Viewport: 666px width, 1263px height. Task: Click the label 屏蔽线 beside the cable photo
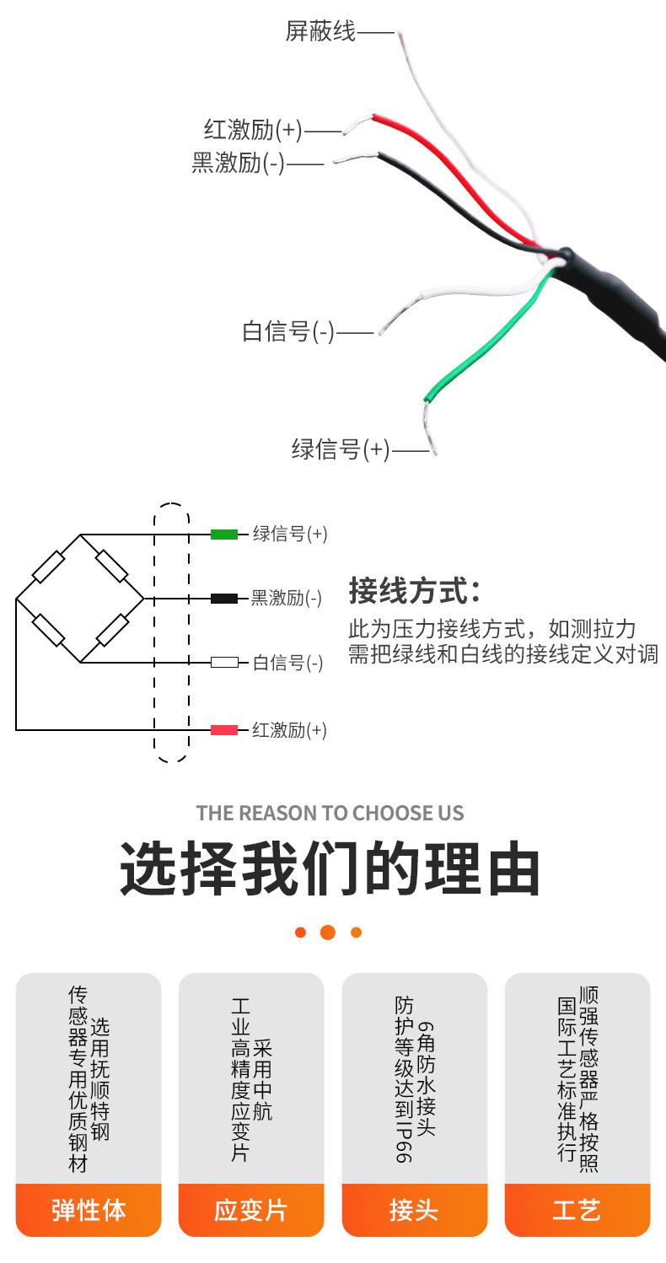[320, 32]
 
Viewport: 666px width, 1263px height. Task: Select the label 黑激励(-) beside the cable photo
[239, 163]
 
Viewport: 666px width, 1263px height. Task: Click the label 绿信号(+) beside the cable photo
[341, 449]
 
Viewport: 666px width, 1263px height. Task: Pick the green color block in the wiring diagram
[224, 534]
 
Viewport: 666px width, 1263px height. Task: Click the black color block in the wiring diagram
[224, 599]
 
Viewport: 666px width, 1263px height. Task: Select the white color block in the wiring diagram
[224, 663]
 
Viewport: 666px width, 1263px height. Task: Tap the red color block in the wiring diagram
[224, 730]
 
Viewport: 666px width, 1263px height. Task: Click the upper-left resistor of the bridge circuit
[49, 567]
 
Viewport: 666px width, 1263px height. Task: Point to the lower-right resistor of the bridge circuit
[112, 631]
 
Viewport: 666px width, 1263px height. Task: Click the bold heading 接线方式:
[414, 590]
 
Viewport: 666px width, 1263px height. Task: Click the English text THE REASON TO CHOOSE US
[330, 813]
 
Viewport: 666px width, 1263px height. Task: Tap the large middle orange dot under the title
[328, 932]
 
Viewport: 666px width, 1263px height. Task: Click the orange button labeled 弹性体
[89, 1210]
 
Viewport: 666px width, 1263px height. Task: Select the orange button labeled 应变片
[251, 1210]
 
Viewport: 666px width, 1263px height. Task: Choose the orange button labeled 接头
[414, 1210]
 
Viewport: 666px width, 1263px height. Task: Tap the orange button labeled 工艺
[577, 1210]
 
